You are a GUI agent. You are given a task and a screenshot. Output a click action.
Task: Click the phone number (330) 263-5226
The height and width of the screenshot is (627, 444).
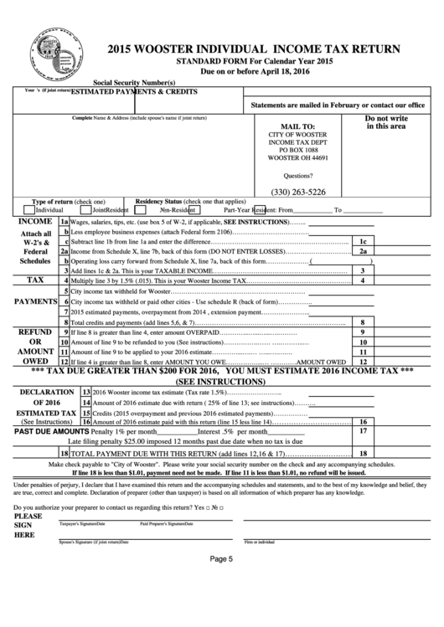298,191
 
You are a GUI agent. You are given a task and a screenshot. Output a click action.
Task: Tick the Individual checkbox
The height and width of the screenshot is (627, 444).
31,209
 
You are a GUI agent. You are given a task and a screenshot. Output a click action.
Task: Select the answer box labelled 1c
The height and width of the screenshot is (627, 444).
363,239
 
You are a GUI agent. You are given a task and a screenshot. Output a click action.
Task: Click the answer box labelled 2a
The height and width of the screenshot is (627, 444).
363,249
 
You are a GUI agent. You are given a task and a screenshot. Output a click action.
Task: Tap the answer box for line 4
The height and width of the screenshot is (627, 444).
363,280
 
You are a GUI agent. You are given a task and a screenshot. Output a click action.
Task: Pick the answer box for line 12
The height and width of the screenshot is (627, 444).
363,361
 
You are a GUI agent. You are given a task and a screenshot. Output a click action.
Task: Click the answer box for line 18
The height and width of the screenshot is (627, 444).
363,453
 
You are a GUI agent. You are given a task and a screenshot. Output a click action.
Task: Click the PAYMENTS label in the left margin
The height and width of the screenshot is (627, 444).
29,301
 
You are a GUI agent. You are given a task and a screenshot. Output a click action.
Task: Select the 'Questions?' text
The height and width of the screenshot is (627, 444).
298,176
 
